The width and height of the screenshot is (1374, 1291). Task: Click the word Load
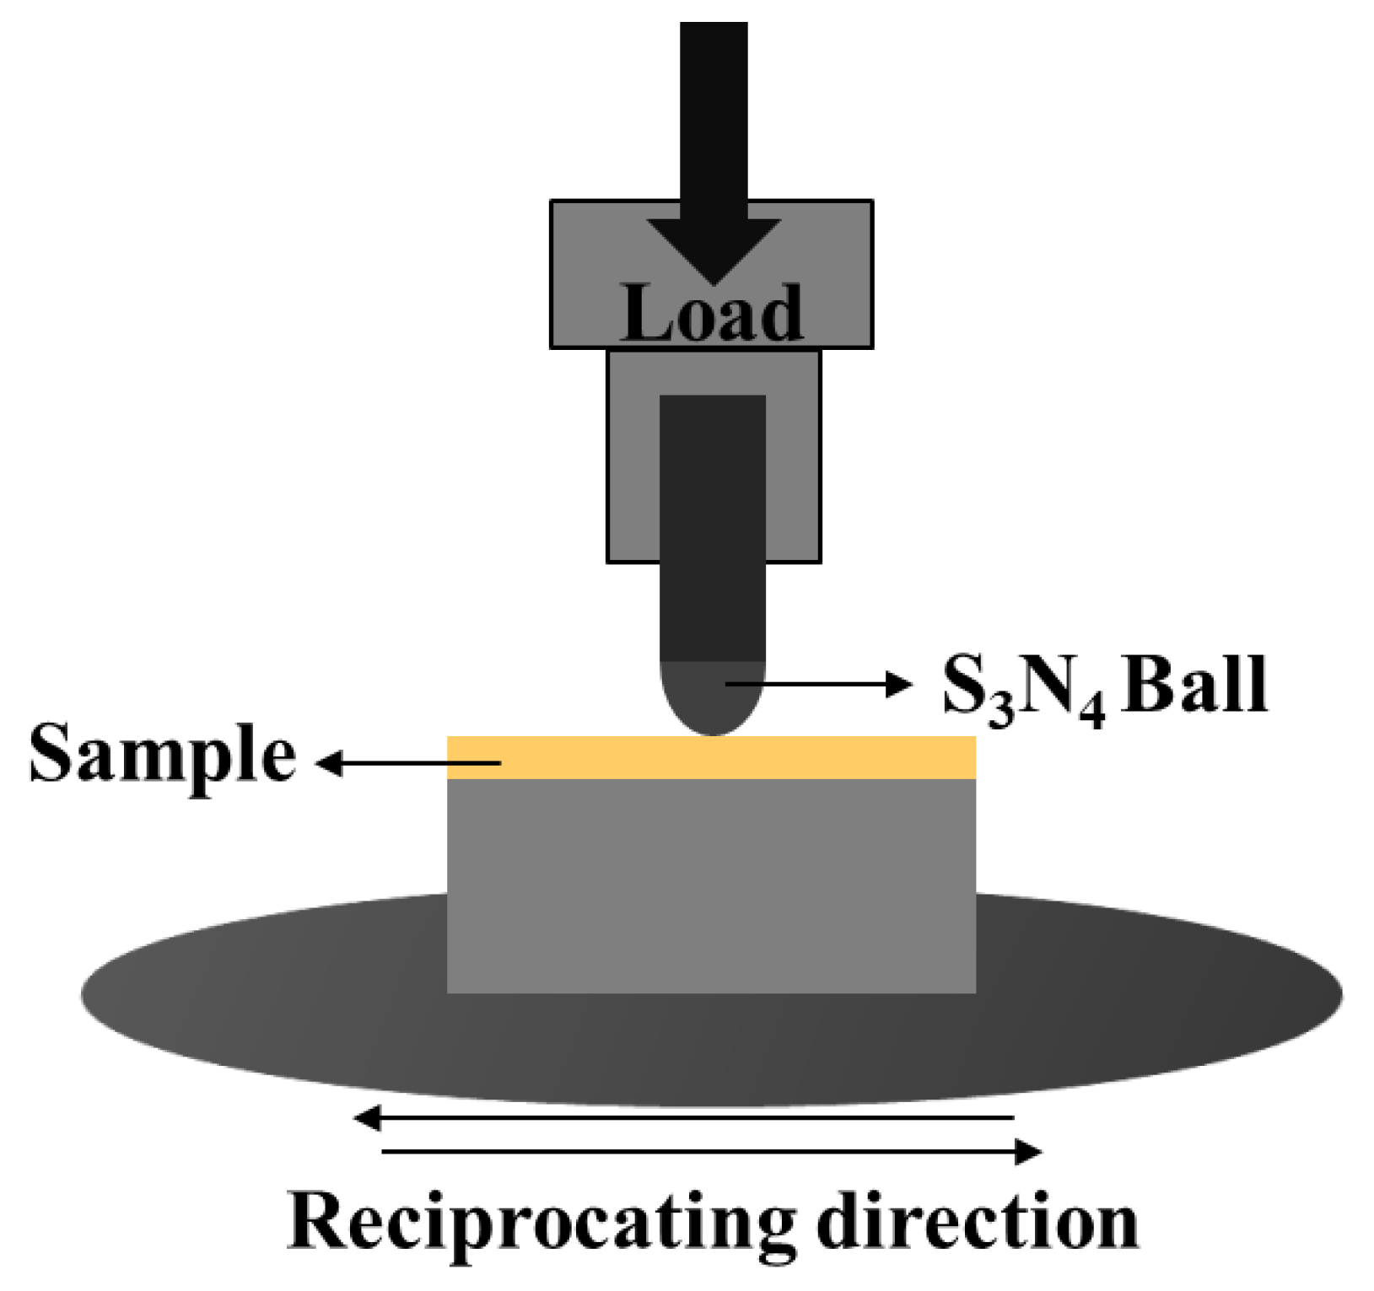pyautogui.click(x=712, y=314)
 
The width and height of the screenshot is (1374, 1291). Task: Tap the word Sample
pyautogui.click(x=162, y=755)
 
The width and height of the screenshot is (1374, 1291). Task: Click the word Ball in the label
pyautogui.click(x=1195, y=686)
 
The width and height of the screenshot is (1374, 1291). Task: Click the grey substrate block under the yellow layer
pyautogui.click(x=711, y=885)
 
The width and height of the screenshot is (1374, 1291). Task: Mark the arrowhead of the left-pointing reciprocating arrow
pyautogui.click(x=368, y=1119)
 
